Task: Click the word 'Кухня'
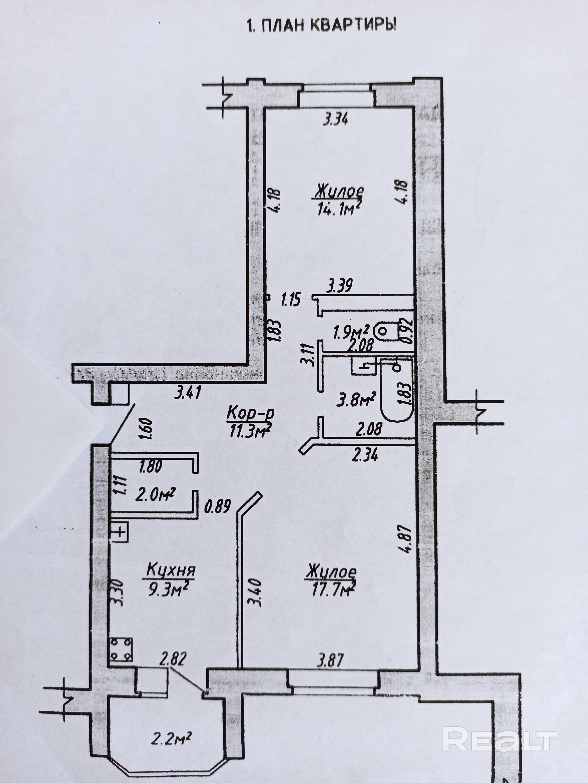point(171,571)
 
